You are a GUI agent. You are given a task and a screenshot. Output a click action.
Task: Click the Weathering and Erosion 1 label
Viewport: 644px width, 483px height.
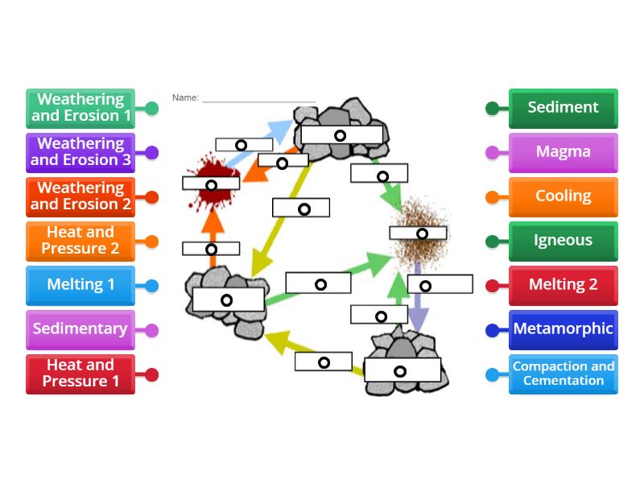pos(80,108)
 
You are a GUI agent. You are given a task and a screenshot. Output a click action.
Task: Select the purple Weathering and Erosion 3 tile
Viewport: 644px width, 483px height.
pos(80,152)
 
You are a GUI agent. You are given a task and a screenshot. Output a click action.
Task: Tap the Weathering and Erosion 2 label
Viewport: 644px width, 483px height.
pos(80,196)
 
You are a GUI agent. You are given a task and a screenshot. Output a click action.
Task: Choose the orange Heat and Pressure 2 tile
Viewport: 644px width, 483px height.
pos(80,241)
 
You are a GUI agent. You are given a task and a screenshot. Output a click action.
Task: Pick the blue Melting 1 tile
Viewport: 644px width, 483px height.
pos(80,285)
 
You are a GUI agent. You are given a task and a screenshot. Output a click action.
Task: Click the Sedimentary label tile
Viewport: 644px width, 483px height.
pos(80,329)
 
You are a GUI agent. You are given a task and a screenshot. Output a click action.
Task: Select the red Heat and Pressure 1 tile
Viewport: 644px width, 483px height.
pos(80,374)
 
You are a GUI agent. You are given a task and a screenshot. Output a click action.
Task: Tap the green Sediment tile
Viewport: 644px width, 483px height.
pos(563,108)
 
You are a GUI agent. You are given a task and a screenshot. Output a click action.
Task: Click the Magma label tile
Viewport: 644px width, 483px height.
pos(563,152)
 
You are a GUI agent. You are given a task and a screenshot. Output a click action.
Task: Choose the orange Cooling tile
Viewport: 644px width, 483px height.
pos(563,196)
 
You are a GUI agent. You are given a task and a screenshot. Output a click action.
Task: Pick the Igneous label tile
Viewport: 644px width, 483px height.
pos(563,241)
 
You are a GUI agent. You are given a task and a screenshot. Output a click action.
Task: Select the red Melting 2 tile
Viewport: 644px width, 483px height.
pos(563,285)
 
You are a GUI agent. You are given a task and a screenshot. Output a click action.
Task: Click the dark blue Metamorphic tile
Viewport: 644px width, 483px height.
pos(563,329)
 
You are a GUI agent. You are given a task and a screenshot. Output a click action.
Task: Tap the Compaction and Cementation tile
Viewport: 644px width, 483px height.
pos(563,374)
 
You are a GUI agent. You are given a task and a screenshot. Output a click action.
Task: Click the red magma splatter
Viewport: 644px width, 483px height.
pos(205,169)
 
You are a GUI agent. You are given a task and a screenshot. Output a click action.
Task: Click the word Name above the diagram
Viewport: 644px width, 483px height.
pos(185,98)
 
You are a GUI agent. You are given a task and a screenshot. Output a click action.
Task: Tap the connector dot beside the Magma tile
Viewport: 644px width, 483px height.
pos(492,152)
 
